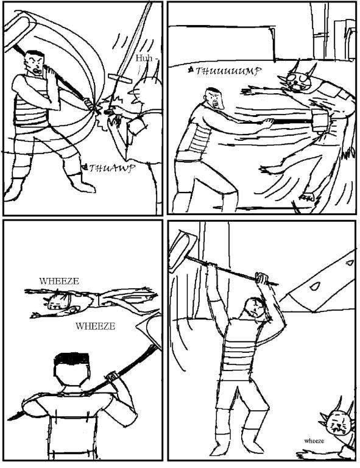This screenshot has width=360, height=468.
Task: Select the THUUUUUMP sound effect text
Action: click(228, 71)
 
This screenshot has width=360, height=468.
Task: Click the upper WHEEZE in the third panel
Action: click(59, 281)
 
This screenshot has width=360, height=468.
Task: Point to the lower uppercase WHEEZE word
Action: click(95, 326)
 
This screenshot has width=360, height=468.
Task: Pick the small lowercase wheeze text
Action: click(314, 441)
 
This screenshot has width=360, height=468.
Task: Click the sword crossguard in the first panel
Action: click(120, 78)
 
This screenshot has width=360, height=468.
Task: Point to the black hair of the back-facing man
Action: click(72, 359)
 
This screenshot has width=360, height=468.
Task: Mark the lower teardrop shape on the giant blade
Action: click(314, 286)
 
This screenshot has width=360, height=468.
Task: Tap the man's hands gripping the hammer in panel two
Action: click(267, 122)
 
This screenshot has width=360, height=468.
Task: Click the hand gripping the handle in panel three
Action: click(113, 376)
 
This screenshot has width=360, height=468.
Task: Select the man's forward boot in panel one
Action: click(83, 183)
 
